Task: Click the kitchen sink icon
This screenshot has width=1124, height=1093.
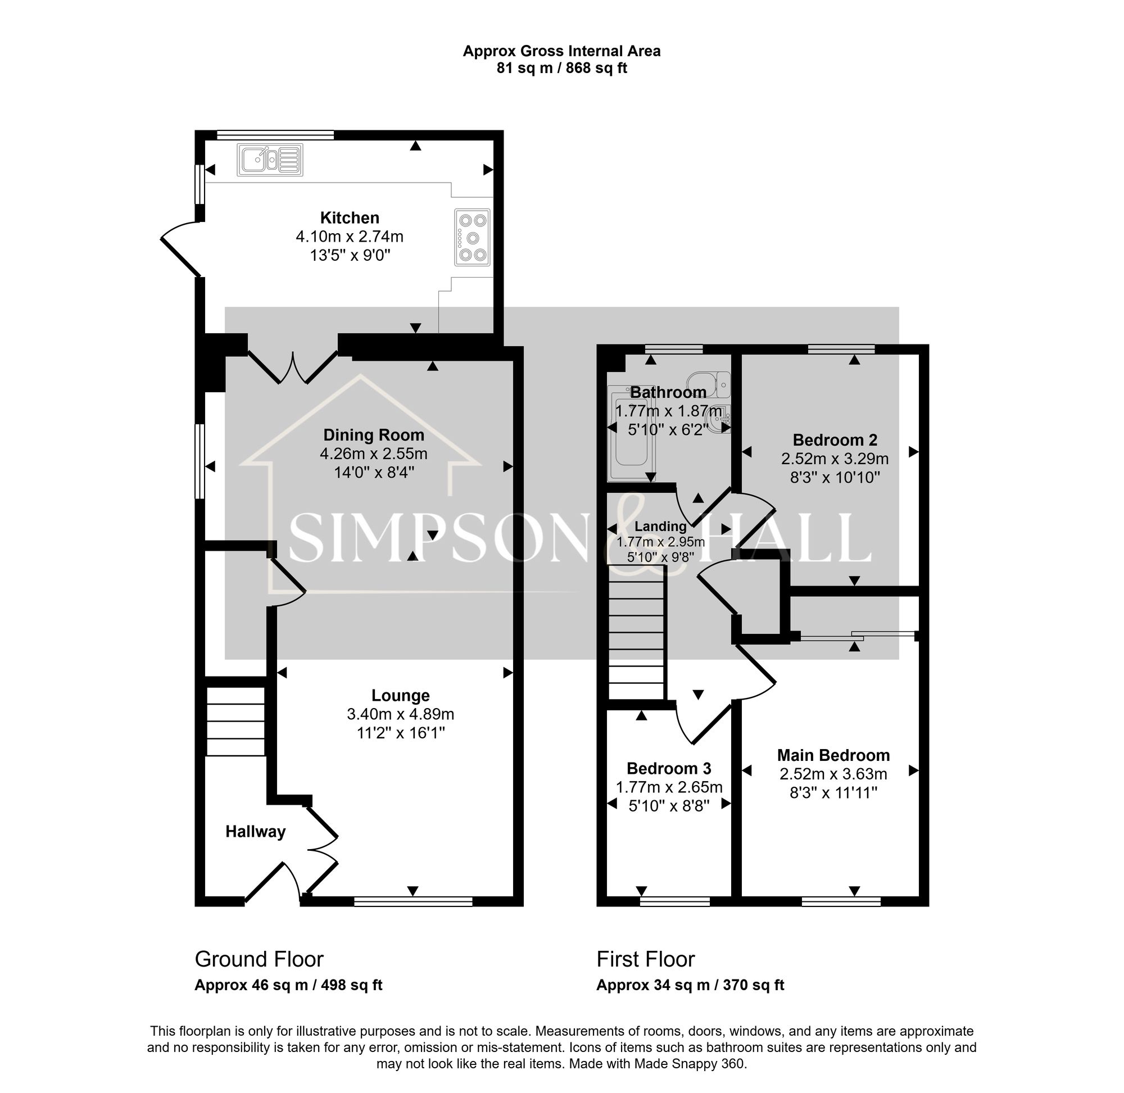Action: pyautogui.click(x=269, y=160)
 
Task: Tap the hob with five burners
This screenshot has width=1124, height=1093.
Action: pyautogui.click(x=473, y=238)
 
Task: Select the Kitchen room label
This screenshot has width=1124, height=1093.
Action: pyautogui.click(x=349, y=218)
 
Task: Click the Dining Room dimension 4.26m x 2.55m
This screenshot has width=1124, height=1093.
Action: pyautogui.click(x=373, y=454)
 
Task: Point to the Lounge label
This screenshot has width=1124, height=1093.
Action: pyautogui.click(x=400, y=696)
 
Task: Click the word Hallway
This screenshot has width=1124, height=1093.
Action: pyautogui.click(x=255, y=832)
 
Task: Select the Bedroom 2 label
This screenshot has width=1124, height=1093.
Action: pyautogui.click(x=835, y=441)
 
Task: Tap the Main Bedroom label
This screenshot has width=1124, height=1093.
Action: pyautogui.click(x=833, y=755)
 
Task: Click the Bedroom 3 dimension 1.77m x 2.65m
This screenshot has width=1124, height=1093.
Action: pyautogui.click(x=669, y=788)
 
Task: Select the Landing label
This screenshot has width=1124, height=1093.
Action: pyautogui.click(x=660, y=527)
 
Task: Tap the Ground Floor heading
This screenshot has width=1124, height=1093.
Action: pyautogui.click(x=259, y=959)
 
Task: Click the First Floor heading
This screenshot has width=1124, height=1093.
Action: pyautogui.click(x=645, y=959)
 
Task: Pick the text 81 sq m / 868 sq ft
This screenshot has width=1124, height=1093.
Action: pyautogui.click(x=561, y=69)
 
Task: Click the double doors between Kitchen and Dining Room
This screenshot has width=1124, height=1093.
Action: pyautogui.click(x=293, y=368)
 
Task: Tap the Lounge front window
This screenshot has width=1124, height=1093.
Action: pyautogui.click(x=413, y=902)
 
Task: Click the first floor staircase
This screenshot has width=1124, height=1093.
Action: pyautogui.click(x=636, y=632)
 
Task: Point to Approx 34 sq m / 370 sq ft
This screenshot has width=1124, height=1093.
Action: pyautogui.click(x=690, y=985)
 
